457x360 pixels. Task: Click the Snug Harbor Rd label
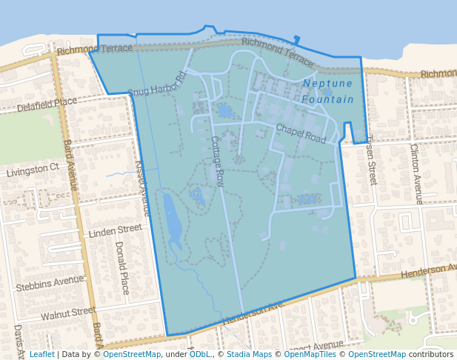tap(156, 84)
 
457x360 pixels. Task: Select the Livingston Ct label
tap(33, 170)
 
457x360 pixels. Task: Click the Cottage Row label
tap(217, 161)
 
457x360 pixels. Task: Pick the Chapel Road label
tap(301, 133)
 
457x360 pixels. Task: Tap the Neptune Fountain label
tap(328, 91)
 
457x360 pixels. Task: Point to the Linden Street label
tap(115, 232)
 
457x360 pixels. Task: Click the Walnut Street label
tap(68, 313)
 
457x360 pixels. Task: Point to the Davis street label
tap(18, 337)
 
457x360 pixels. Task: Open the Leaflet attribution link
tap(41, 354)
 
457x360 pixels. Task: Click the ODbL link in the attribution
tap(200, 354)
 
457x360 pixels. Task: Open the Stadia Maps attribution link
tap(249, 354)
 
